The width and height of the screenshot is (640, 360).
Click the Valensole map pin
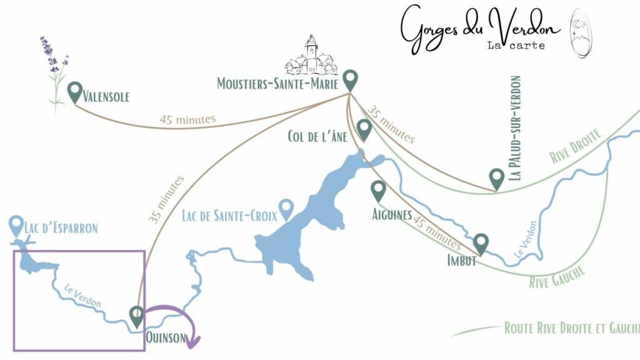[x=75, y=92]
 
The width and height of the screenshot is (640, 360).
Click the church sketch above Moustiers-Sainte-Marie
[x=311, y=57]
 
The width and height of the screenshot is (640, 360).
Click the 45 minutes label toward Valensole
[x=187, y=119]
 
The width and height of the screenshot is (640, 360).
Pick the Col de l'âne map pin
[x=364, y=130]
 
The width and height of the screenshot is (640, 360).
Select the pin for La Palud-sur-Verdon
[x=497, y=179]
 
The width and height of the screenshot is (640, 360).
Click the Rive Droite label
[x=576, y=146]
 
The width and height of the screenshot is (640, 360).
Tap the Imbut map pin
[x=481, y=243]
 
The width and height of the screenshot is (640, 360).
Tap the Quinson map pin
[x=136, y=316]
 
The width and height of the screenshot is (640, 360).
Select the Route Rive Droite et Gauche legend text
[x=571, y=328]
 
